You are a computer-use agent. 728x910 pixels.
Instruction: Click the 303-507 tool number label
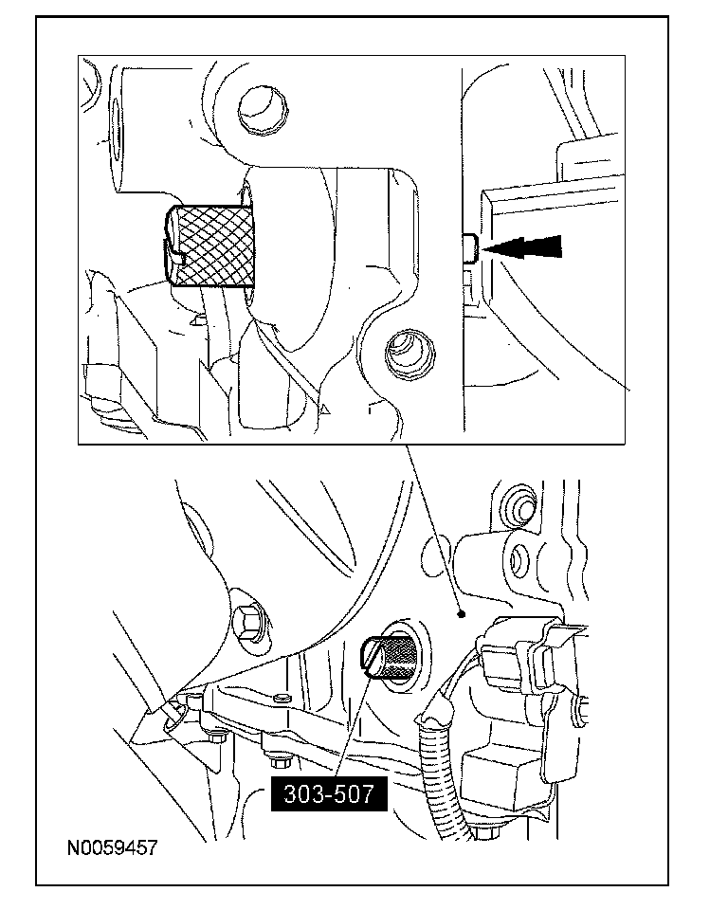click(327, 792)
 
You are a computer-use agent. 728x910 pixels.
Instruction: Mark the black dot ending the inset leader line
click(461, 615)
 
